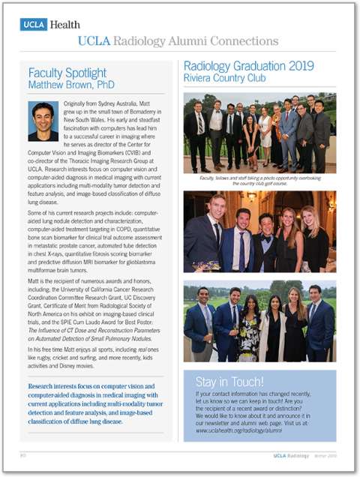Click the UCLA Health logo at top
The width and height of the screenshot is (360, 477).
50,25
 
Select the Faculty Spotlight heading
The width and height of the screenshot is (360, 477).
67,73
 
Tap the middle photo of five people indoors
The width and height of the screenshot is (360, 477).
259,232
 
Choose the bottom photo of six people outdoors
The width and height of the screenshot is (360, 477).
259,322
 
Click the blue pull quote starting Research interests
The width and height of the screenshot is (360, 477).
94,406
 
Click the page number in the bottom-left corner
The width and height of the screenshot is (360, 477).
22,455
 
